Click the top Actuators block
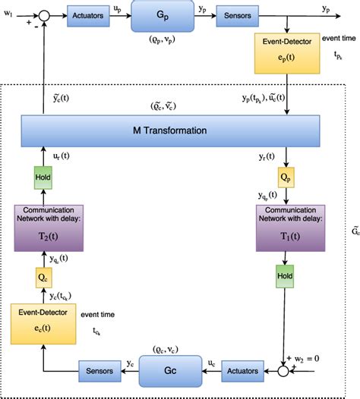click(89, 15)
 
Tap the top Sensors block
click(238, 15)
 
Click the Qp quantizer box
click(286, 178)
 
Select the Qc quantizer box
click(43, 278)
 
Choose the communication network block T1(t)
click(286, 227)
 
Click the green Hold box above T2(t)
click(43, 178)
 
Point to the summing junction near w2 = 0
click(286, 372)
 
